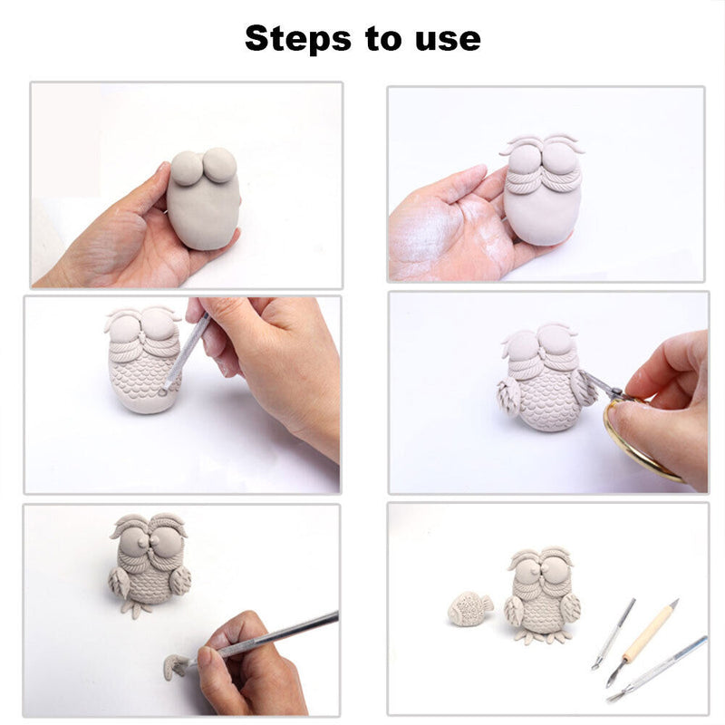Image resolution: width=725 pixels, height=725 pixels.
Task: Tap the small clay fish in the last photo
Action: (x=469, y=608)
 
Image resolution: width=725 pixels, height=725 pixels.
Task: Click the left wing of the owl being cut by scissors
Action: (x=509, y=397)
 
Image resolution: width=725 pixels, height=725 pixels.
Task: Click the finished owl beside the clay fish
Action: (x=540, y=594)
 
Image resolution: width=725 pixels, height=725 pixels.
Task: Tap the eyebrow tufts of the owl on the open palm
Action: (x=541, y=144)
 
